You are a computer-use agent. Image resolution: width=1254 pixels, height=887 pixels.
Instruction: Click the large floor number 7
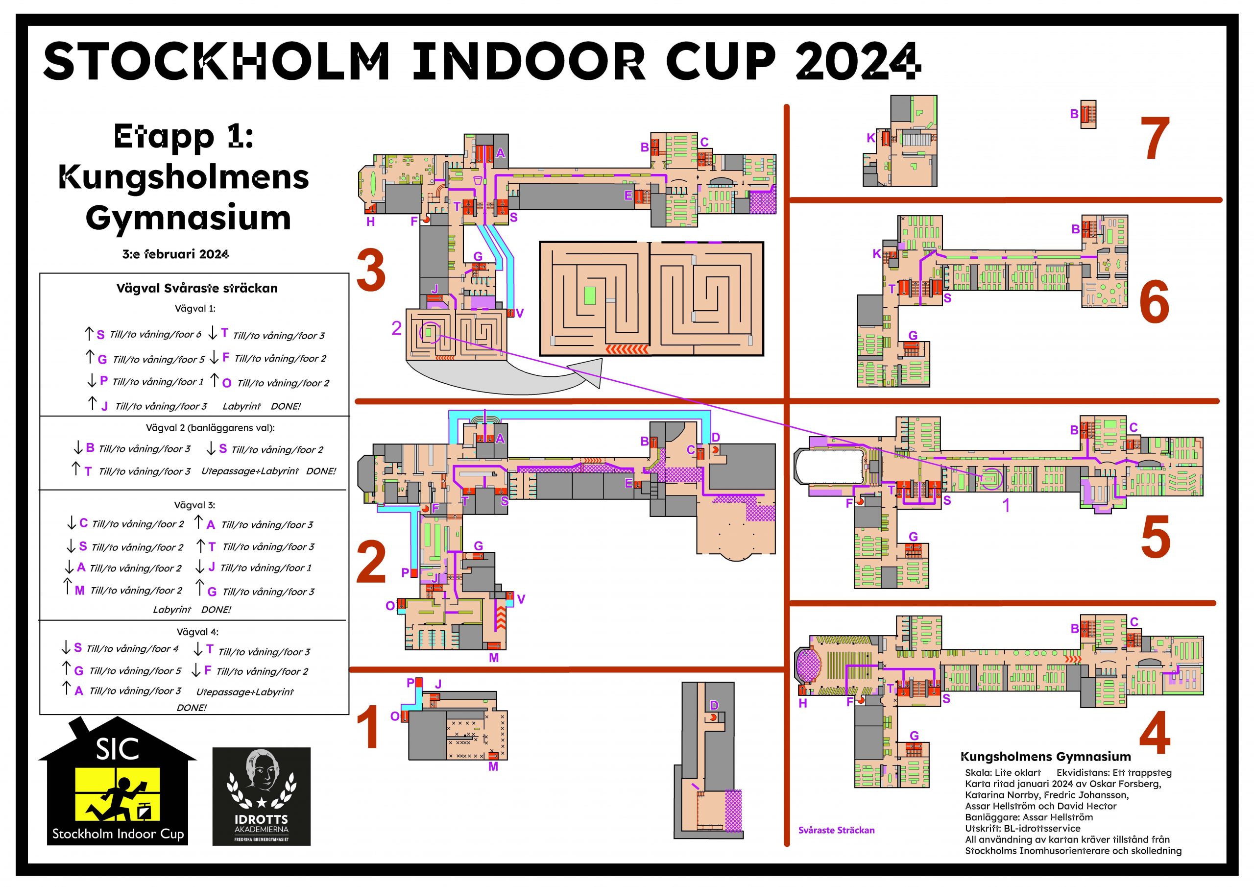point(1155,139)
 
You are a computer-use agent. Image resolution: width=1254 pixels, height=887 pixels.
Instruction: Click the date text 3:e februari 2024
point(175,254)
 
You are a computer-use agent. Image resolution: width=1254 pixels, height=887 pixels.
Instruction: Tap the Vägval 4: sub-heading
point(197,632)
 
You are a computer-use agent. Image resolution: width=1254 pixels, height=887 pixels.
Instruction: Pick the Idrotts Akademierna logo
point(261,796)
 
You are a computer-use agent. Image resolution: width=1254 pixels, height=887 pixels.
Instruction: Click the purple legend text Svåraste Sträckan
point(836,830)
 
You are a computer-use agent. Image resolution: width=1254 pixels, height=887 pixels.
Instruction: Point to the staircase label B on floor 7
point(1074,114)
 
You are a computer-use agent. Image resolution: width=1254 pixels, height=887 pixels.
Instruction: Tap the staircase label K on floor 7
point(871,138)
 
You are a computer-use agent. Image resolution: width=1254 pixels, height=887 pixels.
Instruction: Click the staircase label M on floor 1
point(493,767)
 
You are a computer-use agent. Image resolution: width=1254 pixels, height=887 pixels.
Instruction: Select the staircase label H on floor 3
point(371,222)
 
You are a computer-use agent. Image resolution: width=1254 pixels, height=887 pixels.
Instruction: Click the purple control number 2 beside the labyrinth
point(396,328)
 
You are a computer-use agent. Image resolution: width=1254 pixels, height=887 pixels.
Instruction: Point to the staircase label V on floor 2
point(521,599)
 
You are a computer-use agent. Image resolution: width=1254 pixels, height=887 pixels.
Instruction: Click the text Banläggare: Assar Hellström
point(1029,817)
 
